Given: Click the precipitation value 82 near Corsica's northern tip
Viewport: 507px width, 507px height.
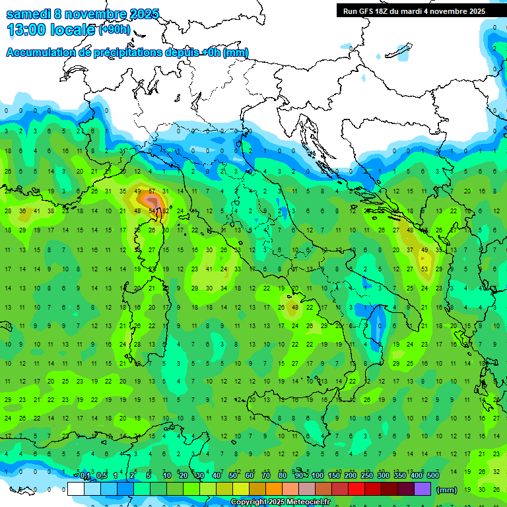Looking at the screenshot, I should pos(164,211).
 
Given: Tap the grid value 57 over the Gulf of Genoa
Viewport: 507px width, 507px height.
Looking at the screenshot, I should pos(152,191).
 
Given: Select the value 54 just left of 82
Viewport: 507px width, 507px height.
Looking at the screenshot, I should pos(152,211).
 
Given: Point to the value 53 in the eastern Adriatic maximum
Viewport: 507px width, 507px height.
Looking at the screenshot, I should pos(424,269).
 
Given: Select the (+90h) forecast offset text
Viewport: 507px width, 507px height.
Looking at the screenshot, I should pos(114,30).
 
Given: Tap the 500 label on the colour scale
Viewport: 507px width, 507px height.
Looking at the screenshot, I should pos(432,476).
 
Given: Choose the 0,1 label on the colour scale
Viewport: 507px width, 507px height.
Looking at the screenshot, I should pos(85,476).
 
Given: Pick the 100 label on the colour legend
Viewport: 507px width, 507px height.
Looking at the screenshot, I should pos(318,476).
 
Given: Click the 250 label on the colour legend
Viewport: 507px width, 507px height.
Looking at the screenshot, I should pos(367,476).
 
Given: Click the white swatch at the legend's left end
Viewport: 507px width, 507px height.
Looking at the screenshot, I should pos(76,489).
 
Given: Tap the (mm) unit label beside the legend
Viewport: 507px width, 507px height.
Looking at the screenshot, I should pos(446,490).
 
